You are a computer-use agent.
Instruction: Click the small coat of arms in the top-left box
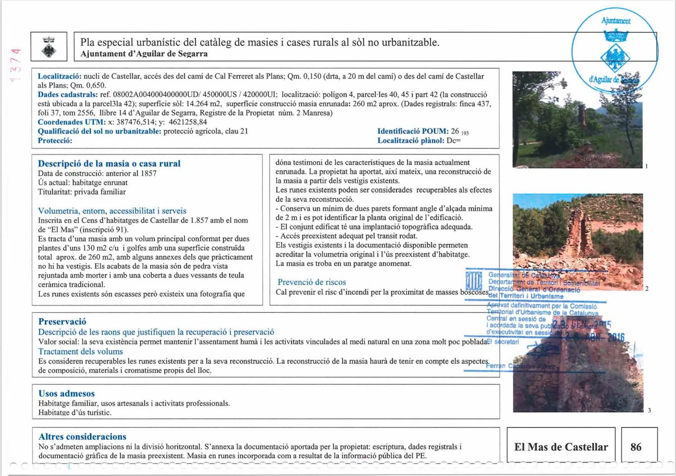click(49, 47)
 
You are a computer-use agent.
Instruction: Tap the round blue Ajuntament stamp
click(615, 51)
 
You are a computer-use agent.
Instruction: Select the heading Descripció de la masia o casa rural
click(109, 163)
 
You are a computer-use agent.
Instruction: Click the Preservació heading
click(62, 321)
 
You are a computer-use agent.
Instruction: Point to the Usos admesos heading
click(66, 393)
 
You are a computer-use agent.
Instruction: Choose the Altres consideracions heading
click(82, 437)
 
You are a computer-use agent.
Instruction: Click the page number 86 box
click(636, 447)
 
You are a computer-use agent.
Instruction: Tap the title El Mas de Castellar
click(561, 447)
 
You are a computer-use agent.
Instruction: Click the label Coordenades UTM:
click(71, 122)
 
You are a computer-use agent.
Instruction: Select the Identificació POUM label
click(412, 131)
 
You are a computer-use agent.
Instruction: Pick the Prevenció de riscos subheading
click(311, 282)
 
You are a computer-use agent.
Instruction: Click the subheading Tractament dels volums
click(80, 352)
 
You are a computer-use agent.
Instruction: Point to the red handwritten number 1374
click(15, 65)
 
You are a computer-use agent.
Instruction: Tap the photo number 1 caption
click(646, 166)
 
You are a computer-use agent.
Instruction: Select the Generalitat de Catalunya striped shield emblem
click(474, 280)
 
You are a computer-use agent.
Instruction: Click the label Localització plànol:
click(410, 141)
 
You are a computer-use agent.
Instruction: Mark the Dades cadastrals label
click(68, 95)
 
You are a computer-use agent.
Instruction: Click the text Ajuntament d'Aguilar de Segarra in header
click(144, 54)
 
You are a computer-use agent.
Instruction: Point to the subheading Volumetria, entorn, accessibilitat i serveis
click(112, 211)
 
